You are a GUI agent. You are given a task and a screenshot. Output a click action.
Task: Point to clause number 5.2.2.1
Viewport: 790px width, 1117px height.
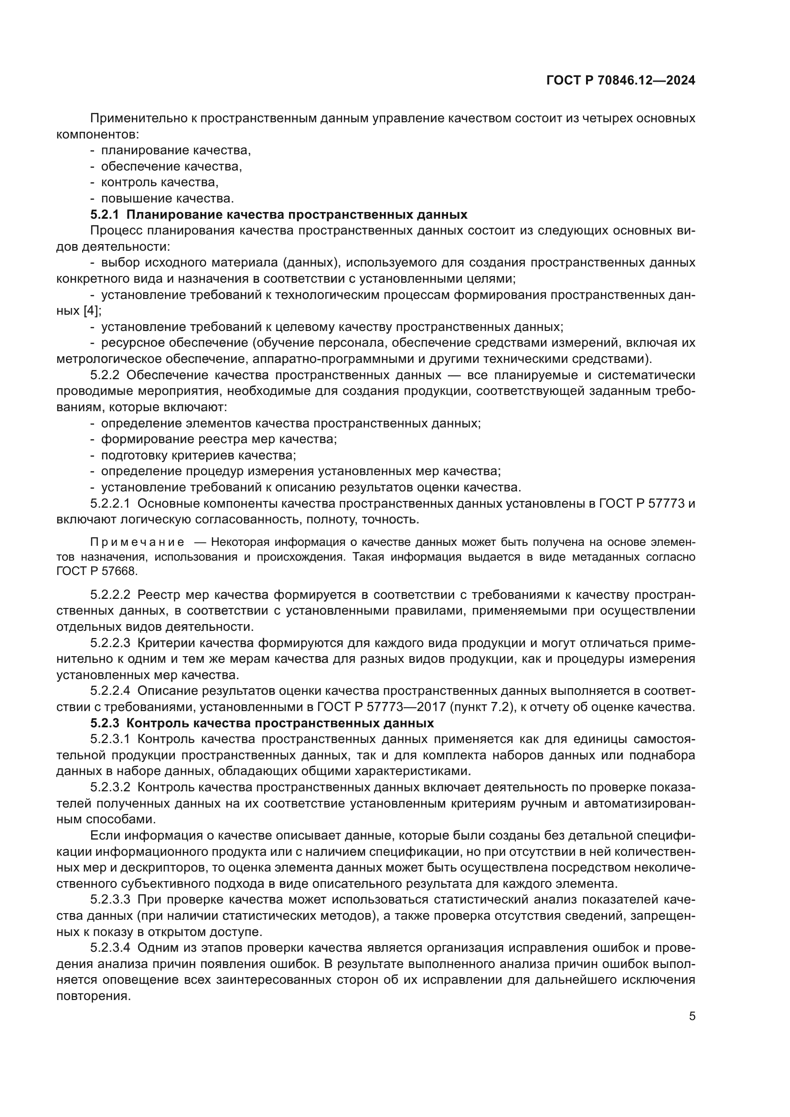110,503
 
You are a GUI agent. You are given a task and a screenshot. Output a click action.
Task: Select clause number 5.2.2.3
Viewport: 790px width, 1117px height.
110,643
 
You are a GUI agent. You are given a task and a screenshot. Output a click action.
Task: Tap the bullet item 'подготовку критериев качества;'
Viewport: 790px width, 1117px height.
199,456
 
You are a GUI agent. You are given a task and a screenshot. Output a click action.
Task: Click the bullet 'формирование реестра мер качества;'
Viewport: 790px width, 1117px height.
219,439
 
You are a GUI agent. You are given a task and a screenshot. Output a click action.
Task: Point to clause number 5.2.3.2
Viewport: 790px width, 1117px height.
110,787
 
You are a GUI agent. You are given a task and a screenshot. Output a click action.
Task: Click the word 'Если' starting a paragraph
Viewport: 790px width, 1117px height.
106,835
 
